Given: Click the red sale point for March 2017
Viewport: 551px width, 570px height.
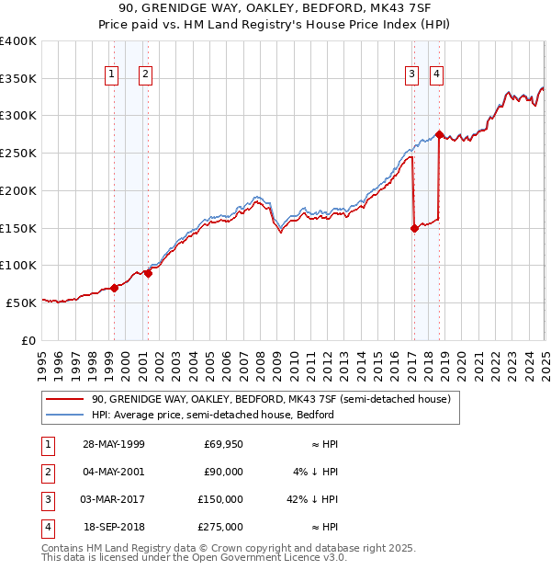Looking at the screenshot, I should click(x=414, y=229).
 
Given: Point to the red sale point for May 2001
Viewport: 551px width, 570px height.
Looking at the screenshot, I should click(x=147, y=273).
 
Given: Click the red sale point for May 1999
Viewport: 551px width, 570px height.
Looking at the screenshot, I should click(x=115, y=288).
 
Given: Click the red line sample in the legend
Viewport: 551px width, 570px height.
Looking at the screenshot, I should click(x=64, y=400).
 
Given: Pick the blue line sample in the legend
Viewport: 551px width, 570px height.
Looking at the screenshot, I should click(x=64, y=415).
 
